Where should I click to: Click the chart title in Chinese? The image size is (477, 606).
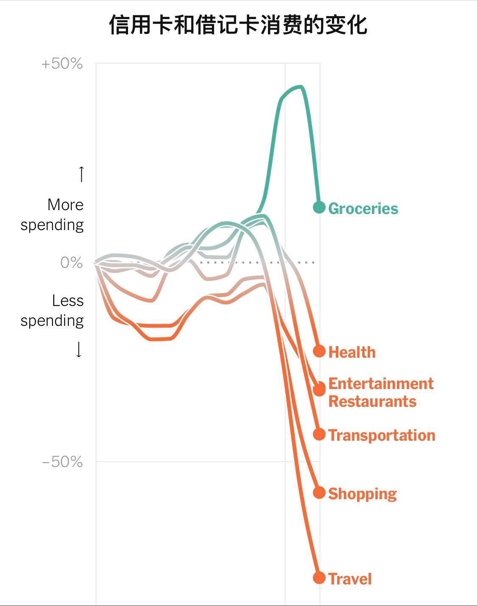click(x=238, y=25)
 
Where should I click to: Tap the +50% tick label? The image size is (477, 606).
click(x=62, y=64)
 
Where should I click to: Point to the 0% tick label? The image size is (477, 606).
click(x=71, y=262)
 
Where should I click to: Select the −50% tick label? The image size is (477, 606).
click(x=62, y=461)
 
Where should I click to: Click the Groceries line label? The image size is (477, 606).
click(x=363, y=208)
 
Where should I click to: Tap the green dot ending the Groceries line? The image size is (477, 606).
click(x=319, y=207)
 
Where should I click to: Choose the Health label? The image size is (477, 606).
click(x=352, y=352)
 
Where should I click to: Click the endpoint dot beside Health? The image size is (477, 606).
click(x=319, y=351)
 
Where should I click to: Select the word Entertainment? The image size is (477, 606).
click(x=381, y=384)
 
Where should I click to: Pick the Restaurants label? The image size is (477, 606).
click(x=372, y=401)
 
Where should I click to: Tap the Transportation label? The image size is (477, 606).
click(x=382, y=435)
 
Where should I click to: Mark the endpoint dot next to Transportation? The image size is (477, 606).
click(x=319, y=434)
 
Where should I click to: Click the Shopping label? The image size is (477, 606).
click(x=362, y=494)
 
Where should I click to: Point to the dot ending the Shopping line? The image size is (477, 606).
click(x=319, y=492)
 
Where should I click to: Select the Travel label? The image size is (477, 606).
click(x=350, y=579)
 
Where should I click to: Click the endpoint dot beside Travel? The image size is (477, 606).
click(x=319, y=578)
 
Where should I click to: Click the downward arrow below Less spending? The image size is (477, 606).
click(x=79, y=350)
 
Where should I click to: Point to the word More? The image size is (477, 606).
click(x=65, y=205)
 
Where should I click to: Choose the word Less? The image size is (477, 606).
click(x=68, y=300)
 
